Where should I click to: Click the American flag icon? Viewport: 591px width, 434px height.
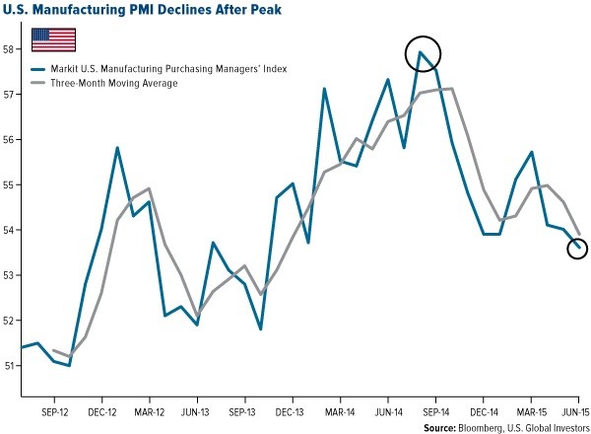[x=54, y=38]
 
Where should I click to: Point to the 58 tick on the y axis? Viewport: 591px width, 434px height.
[x=10, y=48]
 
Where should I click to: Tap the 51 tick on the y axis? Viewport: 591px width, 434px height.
[x=10, y=365]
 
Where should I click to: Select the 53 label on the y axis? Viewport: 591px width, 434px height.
[x=10, y=275]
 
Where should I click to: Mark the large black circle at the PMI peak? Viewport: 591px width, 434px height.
[x=422, y=53]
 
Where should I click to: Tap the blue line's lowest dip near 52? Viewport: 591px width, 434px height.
[x=261, y=328]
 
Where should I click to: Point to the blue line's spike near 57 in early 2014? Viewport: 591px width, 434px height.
[x=324, y=89]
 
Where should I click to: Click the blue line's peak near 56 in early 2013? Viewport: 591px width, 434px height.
[x=117, y=148]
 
